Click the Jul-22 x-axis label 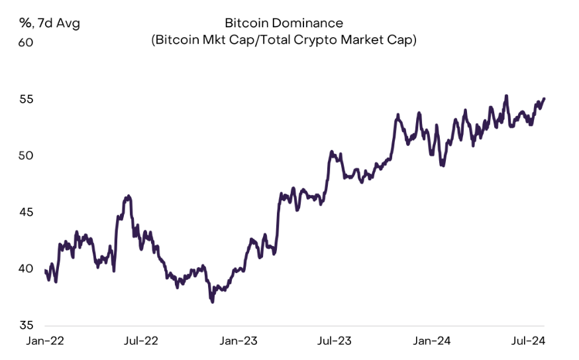tap(141, 341)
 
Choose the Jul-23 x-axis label tap(335, 341)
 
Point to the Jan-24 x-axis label tap(433, 341)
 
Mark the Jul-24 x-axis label tap(528, 341)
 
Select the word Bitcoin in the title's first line tap(246, 23)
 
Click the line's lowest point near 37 tap(212, 302)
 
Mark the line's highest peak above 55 tap(507, 95)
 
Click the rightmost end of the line tap(544, 99)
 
